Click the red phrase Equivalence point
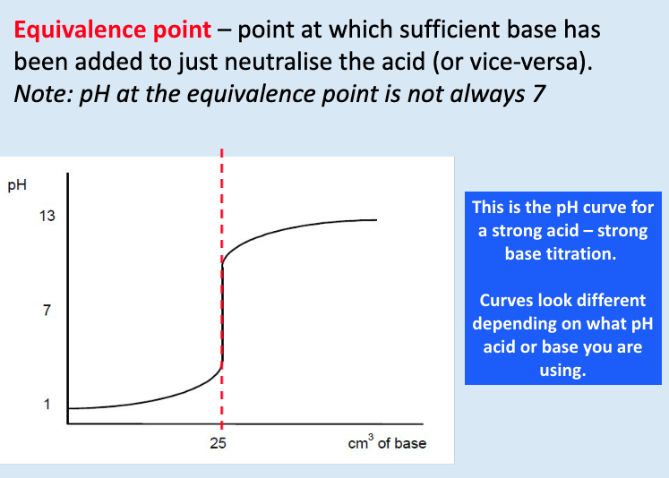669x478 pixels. tap(112, 30)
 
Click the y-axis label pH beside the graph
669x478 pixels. tap(17, 186)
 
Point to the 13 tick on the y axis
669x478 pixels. tap(47, 216)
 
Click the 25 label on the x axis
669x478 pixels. tap(219, 443)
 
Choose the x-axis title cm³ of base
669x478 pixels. tap(387, 442)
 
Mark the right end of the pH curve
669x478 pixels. tap(376, 220)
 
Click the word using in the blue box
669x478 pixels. tap(562, 370)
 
